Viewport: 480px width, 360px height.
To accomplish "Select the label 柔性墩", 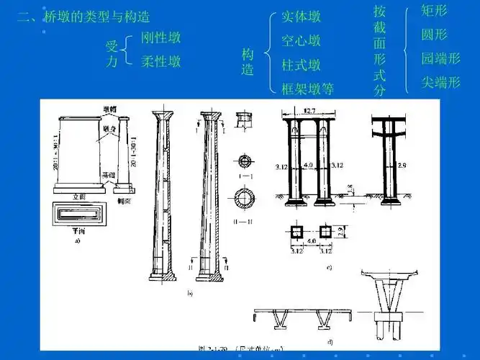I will click(x=160, y=61).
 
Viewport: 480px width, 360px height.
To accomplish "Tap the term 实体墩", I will click(x=301, y=17).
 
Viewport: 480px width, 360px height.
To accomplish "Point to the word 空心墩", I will click(x=301, y=41).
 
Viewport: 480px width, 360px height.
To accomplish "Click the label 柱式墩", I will click(x=301, y=65).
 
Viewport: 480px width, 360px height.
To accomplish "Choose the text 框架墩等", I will click(x=307, y=89).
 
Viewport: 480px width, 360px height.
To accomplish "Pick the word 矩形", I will click(x=434, y=12).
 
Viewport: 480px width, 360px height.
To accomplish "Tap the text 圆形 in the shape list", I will click(x=434, y=35).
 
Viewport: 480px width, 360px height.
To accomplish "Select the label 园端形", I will click(x=440, y=58).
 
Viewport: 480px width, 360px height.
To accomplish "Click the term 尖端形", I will click(x=440, y=82).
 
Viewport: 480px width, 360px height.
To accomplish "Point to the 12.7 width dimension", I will click(x=309, y=111).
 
